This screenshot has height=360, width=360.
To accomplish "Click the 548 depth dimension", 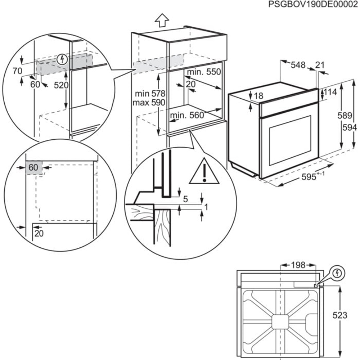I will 298,65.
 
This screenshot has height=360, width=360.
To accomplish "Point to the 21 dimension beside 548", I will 320,65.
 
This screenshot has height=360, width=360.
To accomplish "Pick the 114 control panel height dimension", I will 330,92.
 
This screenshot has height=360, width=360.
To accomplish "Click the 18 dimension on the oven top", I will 258,96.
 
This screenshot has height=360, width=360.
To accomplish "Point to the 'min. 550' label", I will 203,72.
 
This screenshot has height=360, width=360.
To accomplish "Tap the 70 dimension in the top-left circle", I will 18,71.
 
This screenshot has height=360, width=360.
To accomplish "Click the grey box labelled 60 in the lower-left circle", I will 33,167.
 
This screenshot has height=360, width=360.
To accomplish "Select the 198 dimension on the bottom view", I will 298,265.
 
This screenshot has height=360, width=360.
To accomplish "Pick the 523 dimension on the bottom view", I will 340,315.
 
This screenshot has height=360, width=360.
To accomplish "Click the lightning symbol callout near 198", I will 337,274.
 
